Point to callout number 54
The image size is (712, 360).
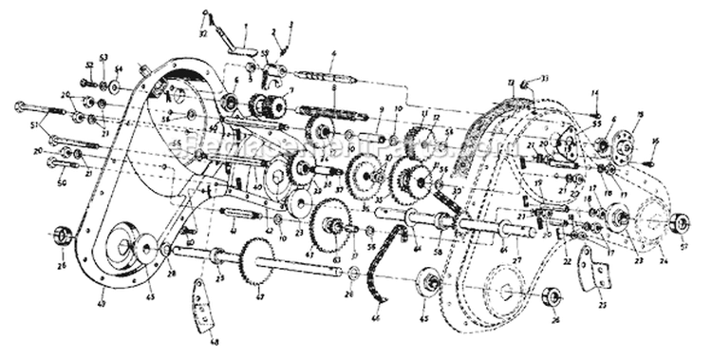(119, 70)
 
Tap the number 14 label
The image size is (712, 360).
(594, 91)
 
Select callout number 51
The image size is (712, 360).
(35, 124)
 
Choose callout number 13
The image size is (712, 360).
(510, 83)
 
